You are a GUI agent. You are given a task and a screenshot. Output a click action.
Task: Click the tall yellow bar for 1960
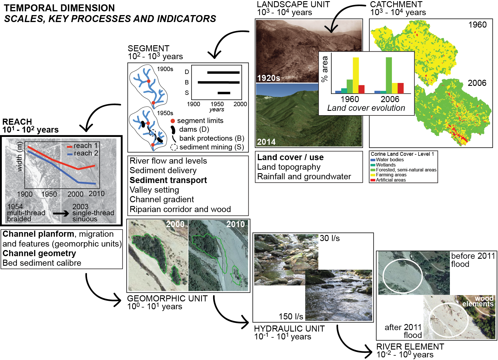click(356, 75)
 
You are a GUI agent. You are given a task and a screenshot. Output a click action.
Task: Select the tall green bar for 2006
click(389, 75)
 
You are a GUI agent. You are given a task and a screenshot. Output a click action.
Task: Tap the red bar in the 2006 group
click(401, 88)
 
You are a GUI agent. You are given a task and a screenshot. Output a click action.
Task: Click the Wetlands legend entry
click(386, 165)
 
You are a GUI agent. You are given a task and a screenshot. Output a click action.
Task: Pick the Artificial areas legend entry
click(390, 180)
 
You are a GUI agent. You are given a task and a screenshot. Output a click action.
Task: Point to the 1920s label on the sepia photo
click(268, 78)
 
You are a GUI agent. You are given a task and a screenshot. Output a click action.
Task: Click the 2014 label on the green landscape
click(266, 142)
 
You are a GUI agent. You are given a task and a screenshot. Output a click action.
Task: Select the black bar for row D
click(223, 73)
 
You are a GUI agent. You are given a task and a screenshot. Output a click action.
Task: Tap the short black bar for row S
click(224, 93)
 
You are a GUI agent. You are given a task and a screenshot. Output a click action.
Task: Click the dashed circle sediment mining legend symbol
click(174, 147)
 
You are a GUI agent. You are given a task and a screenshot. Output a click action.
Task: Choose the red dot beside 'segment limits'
click(173, 121)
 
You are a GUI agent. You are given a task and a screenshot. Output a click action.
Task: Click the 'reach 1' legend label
click(86, 145)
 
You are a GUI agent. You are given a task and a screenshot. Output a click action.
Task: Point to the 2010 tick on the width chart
click(97, 193)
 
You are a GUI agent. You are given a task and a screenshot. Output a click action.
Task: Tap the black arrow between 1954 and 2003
click(61, 214)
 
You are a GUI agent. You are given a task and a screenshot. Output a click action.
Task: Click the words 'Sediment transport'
click(168, 180)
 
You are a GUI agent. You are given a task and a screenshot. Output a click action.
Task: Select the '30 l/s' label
click(330, 238)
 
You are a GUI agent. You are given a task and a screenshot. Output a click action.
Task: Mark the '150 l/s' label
click(291, 316)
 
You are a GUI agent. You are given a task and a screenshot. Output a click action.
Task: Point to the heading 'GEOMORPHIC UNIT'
click(167, 299)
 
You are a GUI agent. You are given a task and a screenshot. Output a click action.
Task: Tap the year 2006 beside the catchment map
click(477, 83)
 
